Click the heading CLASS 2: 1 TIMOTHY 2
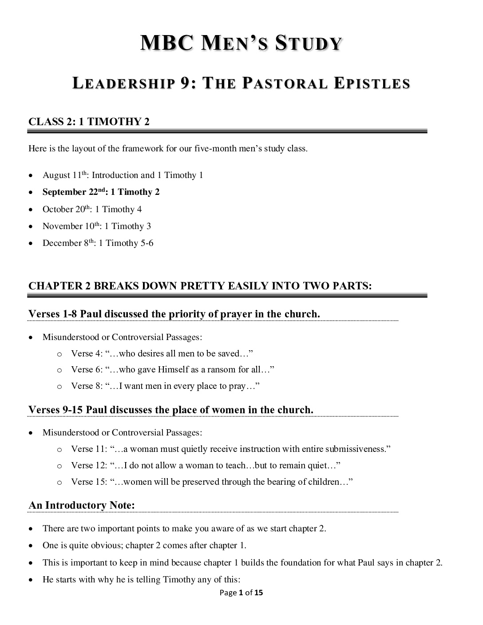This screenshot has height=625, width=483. coord(89,122)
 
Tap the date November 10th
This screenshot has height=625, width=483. coord(71,226)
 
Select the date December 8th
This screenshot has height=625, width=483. coord(68,243)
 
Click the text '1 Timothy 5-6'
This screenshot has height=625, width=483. coord(126,243)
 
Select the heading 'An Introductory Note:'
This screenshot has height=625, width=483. coord(82,505)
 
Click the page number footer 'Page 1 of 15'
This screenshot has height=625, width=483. coord(241,592)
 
